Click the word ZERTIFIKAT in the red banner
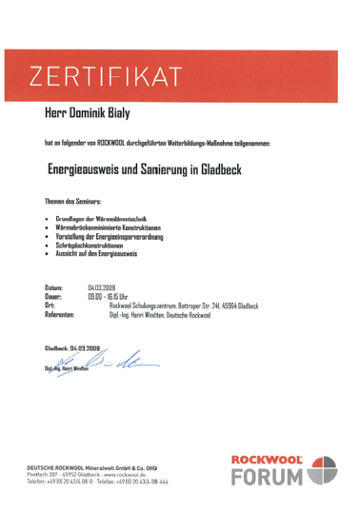click(x=106, y=75)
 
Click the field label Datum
click(x=54, y=286)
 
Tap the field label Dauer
click(x=54, y=295)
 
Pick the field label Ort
click(x=50, y=305)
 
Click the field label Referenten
click(x=59, y=313)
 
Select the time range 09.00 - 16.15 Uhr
click(x=109, y=295)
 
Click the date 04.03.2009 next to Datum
click(x=102, y=286)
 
